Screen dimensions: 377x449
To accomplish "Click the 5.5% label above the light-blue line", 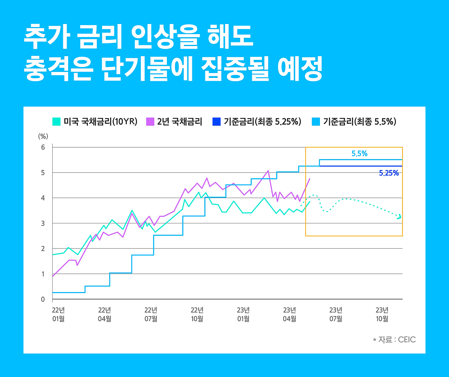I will [x=359, y=153].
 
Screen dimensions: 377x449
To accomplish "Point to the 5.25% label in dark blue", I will [x=389, y=173].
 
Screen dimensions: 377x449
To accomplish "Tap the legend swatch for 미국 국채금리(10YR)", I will [x=56, y=122].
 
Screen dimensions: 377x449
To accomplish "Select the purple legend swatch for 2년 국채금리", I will [x=150, y=122].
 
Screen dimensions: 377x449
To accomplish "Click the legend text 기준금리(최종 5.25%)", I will [x=263, y=122].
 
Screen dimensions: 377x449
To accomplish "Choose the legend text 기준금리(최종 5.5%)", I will [x=360, y=122].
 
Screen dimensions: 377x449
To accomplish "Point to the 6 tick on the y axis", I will [x=43, y=148].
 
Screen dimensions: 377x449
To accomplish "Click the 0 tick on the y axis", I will [x=43, y=299].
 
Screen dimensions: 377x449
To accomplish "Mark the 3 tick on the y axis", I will [x=43, y=224].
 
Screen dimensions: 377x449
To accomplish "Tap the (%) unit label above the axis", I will [x=43, y=136].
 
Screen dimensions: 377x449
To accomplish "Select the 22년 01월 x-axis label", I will [x=58, y=314].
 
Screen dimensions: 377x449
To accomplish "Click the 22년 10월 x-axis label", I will [x=197, y=314].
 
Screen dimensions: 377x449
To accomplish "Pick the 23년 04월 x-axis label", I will [x=289, y=314].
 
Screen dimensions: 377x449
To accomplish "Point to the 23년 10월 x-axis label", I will [x=382, y=314].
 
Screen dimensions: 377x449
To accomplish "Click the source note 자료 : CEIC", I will [x=394, y=340].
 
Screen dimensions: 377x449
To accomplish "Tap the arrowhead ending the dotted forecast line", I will [x=400, y=216].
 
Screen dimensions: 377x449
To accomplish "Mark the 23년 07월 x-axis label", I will [x=336, y=314].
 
